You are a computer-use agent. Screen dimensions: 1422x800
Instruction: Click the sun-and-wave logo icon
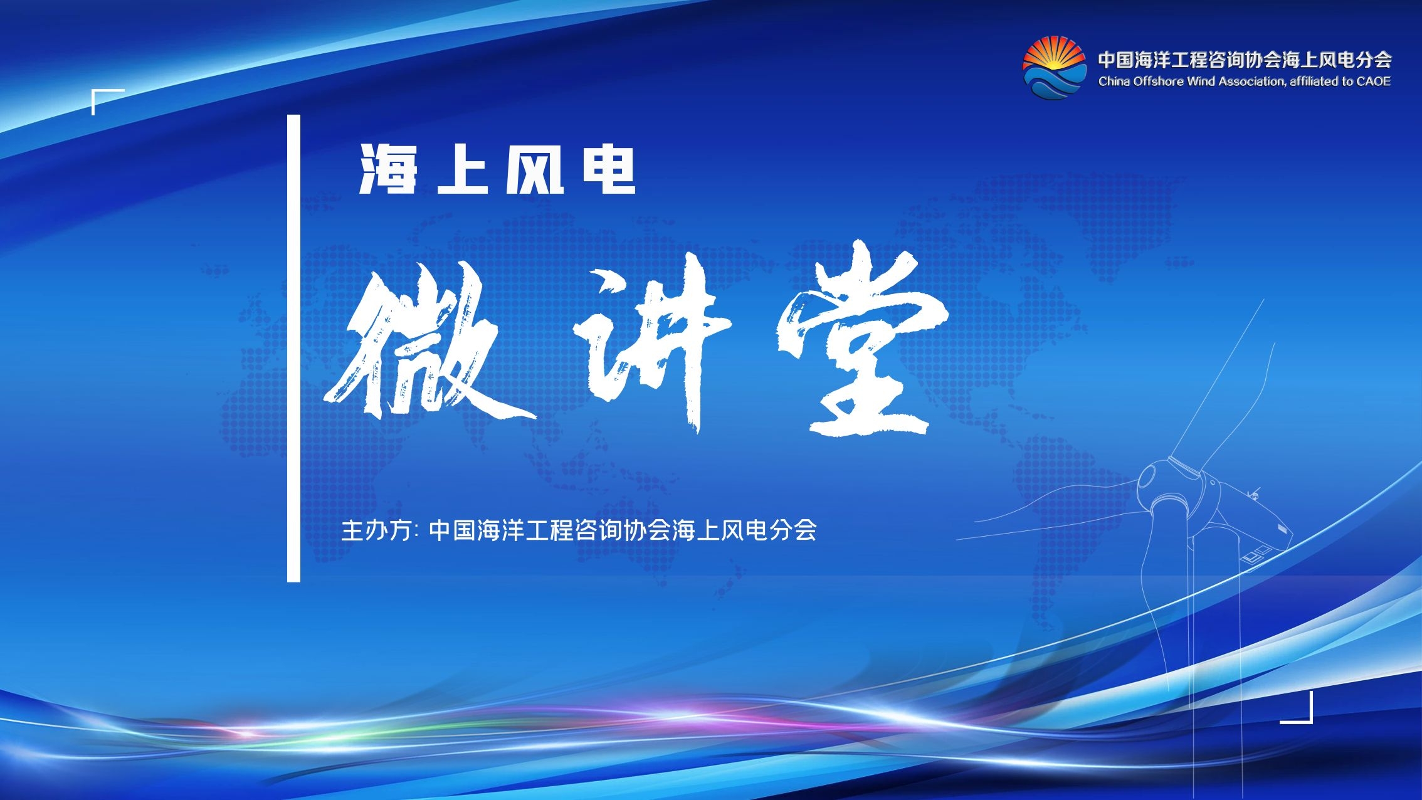1054,68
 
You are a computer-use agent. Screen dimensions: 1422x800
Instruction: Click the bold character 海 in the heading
388,169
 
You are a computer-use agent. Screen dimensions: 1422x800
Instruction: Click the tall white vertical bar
293,348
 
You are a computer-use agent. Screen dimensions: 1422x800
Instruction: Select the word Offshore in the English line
1157,81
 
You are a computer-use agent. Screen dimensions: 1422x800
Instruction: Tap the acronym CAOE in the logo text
1373,81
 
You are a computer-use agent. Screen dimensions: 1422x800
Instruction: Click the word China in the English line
1114,81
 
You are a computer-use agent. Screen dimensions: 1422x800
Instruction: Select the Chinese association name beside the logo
1245,60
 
